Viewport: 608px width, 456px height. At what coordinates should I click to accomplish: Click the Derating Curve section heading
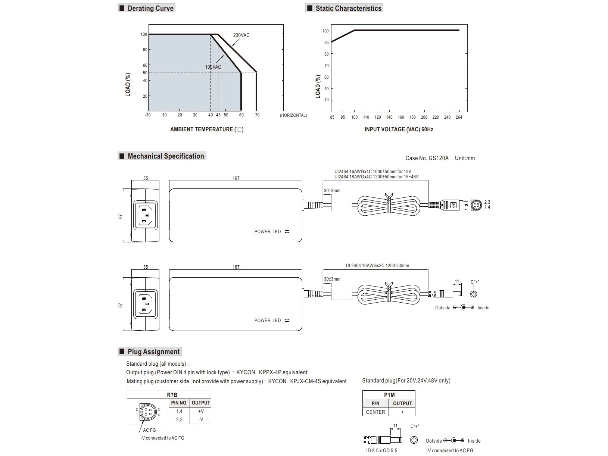click(150, 8)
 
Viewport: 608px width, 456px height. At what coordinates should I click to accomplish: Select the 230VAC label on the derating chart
click(241, 35)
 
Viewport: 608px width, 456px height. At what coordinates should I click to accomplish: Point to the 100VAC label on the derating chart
click(213, 67)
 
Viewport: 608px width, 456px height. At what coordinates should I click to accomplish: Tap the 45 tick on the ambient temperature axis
click(218, 115)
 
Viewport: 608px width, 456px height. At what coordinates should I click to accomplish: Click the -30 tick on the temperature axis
click(148, 115)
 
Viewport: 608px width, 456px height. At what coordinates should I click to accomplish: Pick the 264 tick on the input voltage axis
click(459, 117)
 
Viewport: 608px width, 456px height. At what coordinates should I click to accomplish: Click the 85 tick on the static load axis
click(326, 43)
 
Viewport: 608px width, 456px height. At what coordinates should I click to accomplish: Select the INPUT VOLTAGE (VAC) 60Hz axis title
click(399, 129)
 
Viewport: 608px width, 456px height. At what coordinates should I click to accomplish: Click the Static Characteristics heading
click(348, 8)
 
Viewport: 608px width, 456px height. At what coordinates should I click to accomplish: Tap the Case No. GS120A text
click(427, 158)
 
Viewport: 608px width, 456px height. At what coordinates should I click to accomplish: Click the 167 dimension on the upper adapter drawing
click(236, 178)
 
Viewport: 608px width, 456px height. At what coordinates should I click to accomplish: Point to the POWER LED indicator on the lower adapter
click(287, 320)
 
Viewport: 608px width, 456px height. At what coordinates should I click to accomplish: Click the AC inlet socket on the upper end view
click(145, 215)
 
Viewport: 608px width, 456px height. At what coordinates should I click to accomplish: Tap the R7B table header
click(172, 395)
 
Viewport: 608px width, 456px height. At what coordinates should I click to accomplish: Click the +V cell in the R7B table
click(201, 411)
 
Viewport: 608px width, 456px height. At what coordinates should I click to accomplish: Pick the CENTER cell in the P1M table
click(375, 412)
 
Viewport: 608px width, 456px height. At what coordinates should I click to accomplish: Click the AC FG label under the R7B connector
click(149, 430)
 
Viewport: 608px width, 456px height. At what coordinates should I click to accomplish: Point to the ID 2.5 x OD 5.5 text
click(381, 450)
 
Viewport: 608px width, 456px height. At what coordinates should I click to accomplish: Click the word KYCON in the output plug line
click(246, 372)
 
